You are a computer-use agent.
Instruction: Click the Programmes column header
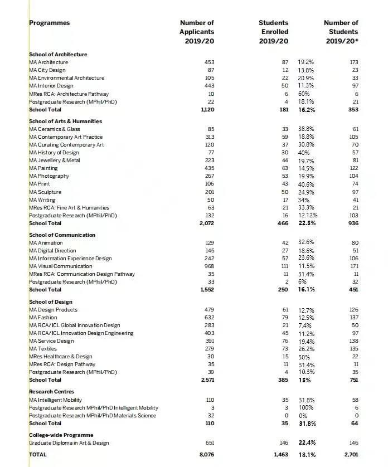point(50,23)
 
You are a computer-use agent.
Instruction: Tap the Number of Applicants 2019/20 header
point(197,32)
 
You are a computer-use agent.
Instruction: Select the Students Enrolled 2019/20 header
point(274,32)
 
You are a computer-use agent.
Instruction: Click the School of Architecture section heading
point(58,55)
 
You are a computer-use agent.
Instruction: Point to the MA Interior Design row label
point(51,86)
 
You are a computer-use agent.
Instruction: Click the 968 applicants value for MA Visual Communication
point(209,266)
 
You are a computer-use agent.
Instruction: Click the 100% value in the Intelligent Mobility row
point(305,408)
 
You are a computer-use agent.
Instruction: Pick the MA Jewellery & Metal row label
point(55,160)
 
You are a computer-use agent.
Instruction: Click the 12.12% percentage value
point(308,216)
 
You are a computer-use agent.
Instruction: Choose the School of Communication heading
point(62,235)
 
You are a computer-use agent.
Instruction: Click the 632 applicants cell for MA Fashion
point(209,318)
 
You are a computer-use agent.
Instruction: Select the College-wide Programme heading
point(61,435)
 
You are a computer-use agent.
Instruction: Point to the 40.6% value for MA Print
point(306,184)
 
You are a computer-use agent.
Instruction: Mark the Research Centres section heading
point(51,392)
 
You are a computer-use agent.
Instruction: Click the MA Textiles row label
point(43,349)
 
